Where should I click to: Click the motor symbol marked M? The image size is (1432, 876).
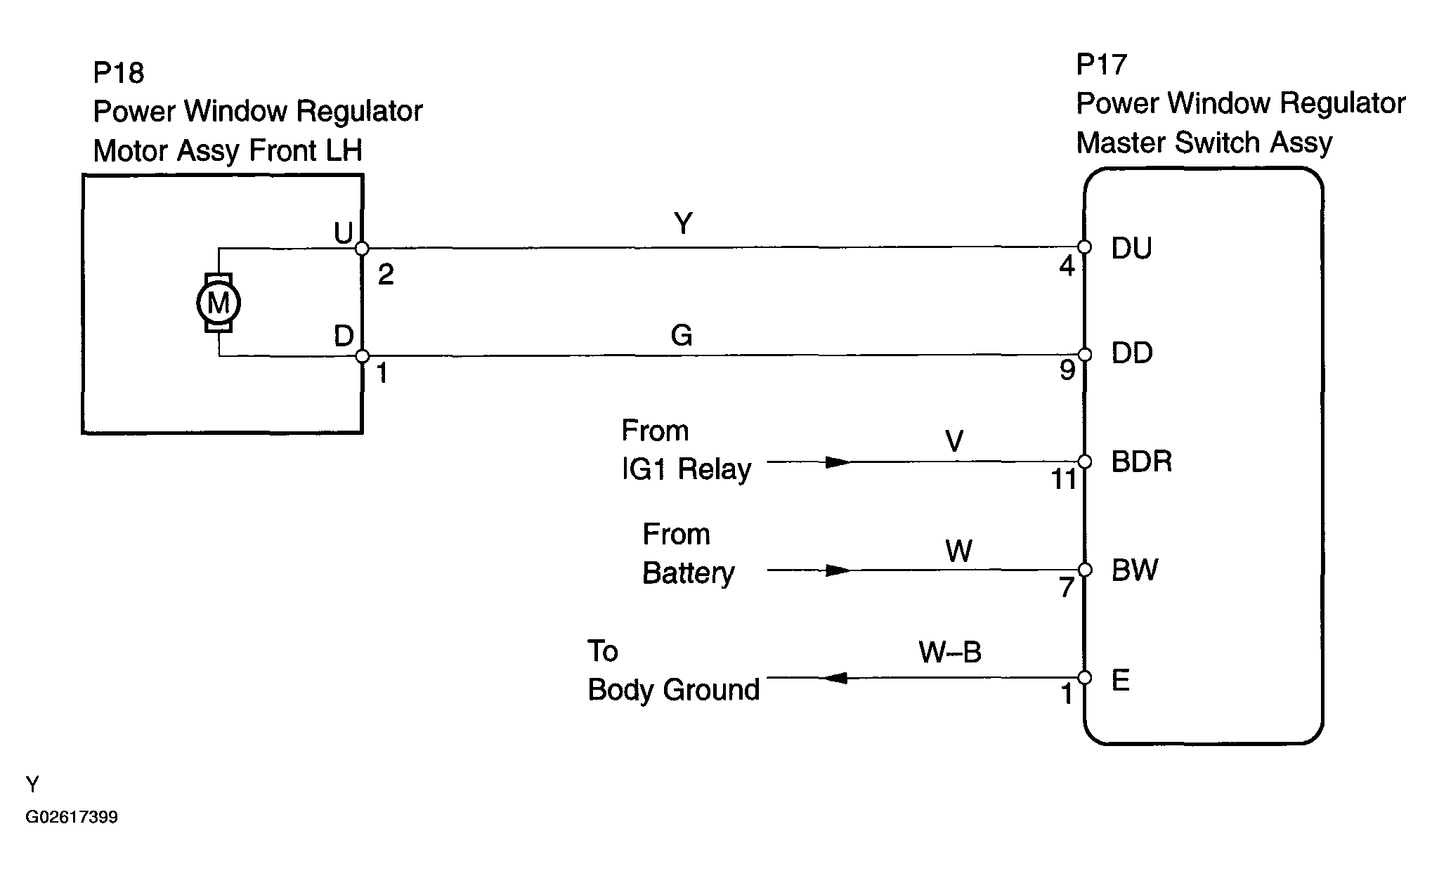219,303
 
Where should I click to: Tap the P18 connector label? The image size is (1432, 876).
119,72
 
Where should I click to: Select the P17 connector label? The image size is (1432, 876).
1102,65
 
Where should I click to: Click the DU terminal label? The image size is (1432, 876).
1131,248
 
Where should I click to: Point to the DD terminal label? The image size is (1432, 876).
1132,353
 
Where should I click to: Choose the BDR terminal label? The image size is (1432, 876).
1142,462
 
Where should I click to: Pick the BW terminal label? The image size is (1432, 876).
1135,570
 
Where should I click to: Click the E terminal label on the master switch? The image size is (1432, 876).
1121,680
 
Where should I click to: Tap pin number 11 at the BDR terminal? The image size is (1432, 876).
1064,480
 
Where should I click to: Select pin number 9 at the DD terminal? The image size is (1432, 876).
1067,370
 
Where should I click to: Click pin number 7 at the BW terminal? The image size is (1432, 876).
1067,587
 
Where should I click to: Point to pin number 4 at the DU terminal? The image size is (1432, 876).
1067,266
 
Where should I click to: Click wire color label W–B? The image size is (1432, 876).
950,653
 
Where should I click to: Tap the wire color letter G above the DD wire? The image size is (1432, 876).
682,335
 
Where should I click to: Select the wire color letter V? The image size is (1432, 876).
954,441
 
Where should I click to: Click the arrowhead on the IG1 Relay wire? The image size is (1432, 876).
838,462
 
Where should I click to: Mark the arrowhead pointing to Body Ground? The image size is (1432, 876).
834,678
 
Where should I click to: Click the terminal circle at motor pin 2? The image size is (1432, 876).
362,248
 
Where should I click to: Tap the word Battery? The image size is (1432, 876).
688,573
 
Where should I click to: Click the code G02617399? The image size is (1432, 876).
72,817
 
